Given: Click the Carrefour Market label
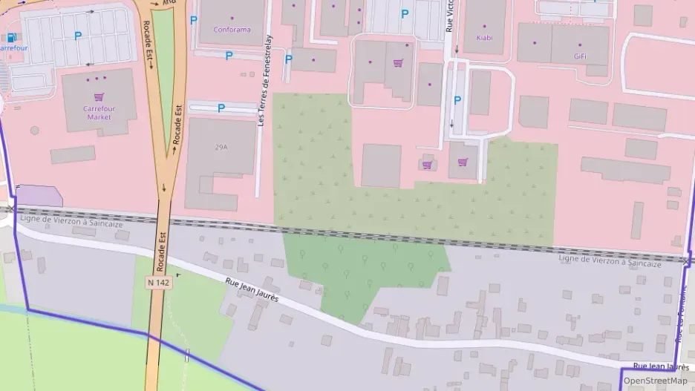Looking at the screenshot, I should point(98,112).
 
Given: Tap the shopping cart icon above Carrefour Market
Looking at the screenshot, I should point(98,96).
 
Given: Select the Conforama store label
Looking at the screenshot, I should point(232,30).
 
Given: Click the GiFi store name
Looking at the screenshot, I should point(580,56).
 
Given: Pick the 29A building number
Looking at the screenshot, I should point(221,147).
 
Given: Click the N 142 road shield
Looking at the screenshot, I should point(157,282).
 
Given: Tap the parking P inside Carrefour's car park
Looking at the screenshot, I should point(77,35).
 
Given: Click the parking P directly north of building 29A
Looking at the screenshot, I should point(221,108).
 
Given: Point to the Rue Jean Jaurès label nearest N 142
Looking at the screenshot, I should point(252,288).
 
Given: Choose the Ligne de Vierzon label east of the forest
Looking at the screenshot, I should point(609,262).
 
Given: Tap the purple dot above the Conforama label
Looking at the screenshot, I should point(232,18).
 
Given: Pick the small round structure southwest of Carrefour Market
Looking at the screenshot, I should point(34,131).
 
